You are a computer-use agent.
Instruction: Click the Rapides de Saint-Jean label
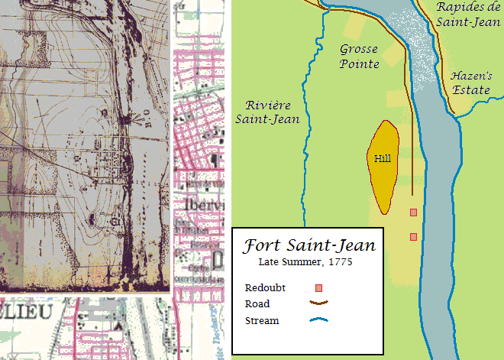[468, 15]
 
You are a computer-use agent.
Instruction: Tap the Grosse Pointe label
[359, 57]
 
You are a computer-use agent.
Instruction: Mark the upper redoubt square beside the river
[413, 212]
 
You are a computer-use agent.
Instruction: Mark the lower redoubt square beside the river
[413, 237]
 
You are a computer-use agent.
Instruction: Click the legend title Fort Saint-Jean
[309, 246]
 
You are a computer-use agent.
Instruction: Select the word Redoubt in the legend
[265, 288]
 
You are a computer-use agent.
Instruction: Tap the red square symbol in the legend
[320, 288]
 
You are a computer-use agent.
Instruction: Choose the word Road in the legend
[257, 304]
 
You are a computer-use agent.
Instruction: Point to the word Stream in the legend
[262, 320]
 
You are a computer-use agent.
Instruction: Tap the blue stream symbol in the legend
[320, 320]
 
